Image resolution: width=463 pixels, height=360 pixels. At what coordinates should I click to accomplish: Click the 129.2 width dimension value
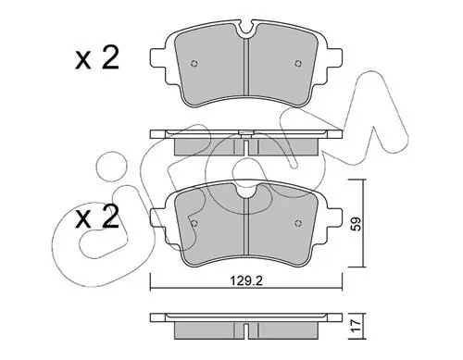pos(246,281)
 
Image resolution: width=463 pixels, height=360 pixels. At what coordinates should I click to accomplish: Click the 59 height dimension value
pos(356,224)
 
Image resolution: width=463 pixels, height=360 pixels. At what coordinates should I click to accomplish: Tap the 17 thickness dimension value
pos(356,326)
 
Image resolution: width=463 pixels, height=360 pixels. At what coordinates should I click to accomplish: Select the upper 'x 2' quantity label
pos(97,58)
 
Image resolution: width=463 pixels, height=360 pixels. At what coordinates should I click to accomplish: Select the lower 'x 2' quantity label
pos(97,217)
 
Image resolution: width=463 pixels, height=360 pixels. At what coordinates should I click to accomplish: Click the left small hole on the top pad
pos(194,64)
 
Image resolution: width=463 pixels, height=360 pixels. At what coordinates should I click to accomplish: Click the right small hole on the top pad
pos(297,64)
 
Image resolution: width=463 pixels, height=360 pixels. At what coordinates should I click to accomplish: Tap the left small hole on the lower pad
pos(194,223)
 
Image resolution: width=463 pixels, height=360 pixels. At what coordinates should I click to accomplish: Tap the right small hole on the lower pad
pos(297,223)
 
